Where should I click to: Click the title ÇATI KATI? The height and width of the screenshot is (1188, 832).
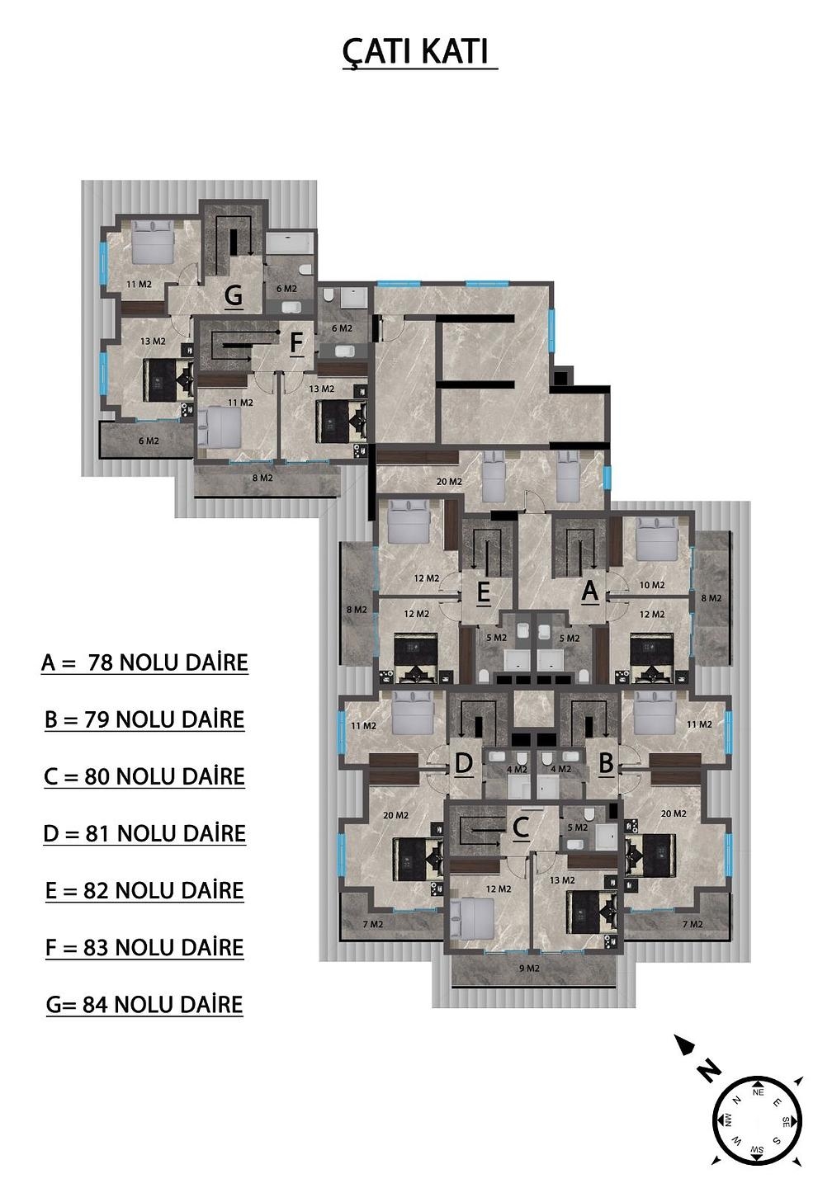[x=415, y=51]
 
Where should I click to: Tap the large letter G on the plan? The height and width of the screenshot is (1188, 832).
[x=234, y=295]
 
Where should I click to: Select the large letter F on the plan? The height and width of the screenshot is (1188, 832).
[x=296, y=342]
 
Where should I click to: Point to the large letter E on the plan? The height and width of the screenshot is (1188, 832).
[x=484, y=592]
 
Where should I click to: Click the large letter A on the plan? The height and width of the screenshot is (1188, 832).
[x=590, y=591]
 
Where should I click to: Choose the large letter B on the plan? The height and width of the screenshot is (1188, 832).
[x=606, y=763]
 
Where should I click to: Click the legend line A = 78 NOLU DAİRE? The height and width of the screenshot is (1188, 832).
[x=145, y=663]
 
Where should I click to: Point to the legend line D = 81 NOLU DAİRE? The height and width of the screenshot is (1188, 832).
[x=144, y=834]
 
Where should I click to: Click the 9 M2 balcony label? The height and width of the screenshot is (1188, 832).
[x=529, y=969]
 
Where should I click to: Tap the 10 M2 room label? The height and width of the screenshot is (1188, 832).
[x=652, y=585]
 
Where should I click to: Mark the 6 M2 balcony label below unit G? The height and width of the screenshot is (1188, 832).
[x=149, y=441]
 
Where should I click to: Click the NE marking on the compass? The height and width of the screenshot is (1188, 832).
[x=758, y=1092]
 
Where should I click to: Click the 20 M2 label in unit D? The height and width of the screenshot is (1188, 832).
[x=396, y=815]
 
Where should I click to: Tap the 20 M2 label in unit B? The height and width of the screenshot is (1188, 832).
[x=674, y=813]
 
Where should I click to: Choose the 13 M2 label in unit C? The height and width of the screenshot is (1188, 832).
[x=562, y=880]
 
